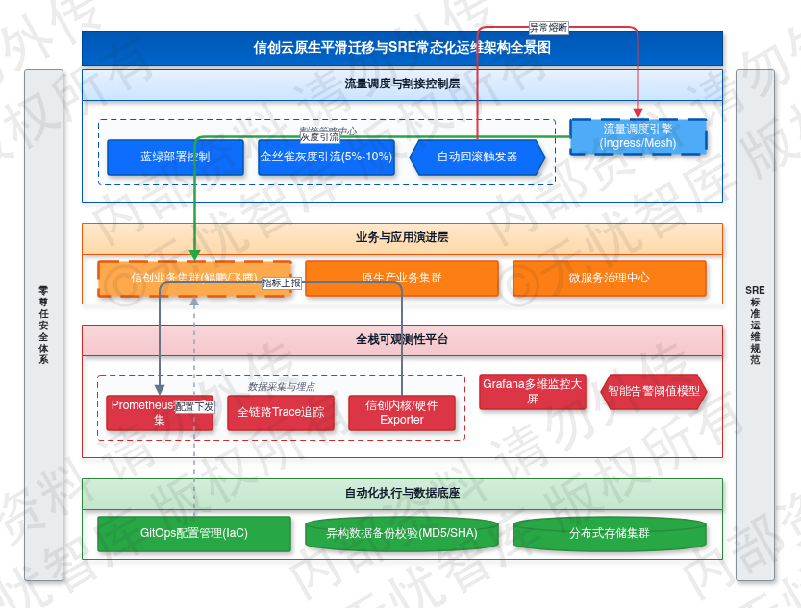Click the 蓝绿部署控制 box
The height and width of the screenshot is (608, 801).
pos(162,157)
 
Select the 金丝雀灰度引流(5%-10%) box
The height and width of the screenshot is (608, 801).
pos(326,157)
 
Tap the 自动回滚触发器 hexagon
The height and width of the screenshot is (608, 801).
pos(477,157)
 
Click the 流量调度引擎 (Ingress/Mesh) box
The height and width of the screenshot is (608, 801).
pos(638,136)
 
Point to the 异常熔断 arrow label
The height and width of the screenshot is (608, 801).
pos(548,28)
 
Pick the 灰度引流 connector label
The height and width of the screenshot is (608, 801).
pos(319,137)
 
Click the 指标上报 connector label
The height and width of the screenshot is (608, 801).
pos(282,282)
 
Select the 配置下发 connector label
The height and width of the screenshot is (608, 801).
pos(195,407)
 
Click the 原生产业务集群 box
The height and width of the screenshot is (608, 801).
pos(402,278)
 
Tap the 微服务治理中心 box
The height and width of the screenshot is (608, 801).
pos(609,278)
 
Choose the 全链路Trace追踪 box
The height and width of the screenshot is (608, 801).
pos(281,412)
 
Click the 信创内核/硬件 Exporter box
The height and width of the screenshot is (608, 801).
pos(402,412)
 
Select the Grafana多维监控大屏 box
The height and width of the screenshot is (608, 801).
pos(533,392)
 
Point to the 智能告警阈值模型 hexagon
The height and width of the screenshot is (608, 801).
pos(654,392)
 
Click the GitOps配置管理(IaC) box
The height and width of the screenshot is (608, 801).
pos(194,533)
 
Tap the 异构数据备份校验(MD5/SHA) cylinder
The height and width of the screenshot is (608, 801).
pos(402,533)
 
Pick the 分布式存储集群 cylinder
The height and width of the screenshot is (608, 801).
pos(610,533)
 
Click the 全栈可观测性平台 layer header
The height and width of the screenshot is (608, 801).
pos(402,339)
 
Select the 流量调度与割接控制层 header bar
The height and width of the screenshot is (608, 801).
pos(402,84)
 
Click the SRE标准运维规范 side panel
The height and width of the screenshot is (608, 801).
pos(755,325)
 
